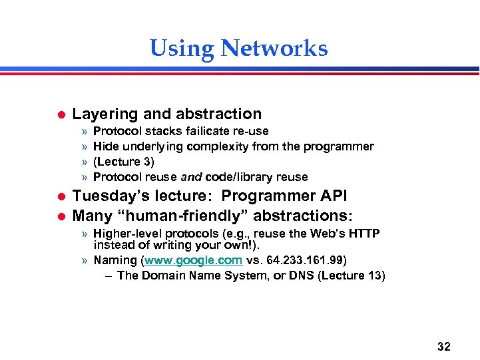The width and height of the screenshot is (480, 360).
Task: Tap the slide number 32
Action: (443, 346)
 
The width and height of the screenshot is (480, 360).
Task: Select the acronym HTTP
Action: (364, 234)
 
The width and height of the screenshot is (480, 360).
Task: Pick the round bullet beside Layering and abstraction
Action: (58, 115)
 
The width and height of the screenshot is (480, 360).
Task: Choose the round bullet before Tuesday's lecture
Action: (58, 197)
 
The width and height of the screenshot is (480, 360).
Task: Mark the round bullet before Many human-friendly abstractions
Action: (58, 216)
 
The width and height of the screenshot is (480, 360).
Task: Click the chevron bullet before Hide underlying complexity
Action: (84, 146)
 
